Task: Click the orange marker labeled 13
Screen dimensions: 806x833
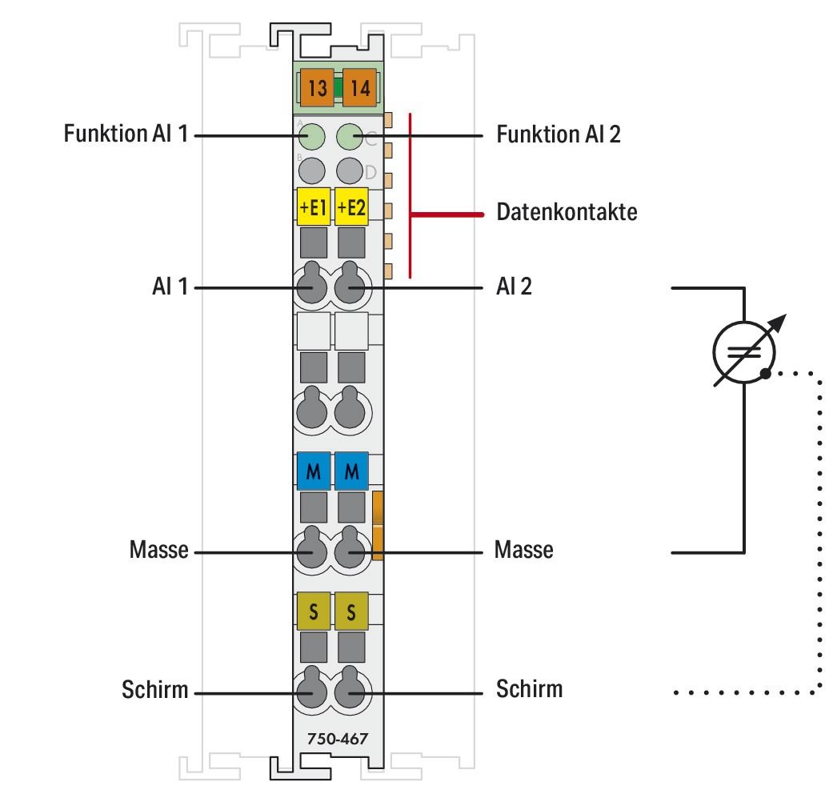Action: click(317, 88)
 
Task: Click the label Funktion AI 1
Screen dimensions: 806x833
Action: click(126, 134)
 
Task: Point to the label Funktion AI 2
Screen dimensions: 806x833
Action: click(559, 134)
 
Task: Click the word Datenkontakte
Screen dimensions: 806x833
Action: click(567, 213)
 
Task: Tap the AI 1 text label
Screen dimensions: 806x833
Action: click(169, 287)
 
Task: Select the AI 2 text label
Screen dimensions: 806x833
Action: click(515, 287)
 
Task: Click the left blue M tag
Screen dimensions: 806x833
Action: click(313, 471)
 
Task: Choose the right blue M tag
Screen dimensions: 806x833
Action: click(351, 471)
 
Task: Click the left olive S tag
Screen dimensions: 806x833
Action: click(313, 611)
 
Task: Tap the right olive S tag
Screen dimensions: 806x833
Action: click(351, 611)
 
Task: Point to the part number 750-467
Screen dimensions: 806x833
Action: click(337, 739)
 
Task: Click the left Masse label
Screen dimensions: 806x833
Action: click(158, 551)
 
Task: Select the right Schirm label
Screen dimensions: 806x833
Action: click(529, 688)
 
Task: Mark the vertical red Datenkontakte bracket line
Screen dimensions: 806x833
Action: click(410, 196)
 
